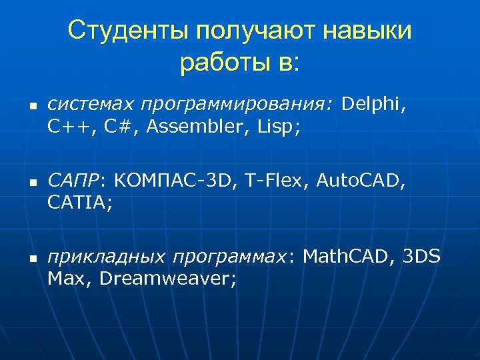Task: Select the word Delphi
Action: [x=373, y=105]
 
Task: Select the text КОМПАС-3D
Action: [x=174, y=180]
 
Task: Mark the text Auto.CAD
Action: [x=359, y=180]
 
